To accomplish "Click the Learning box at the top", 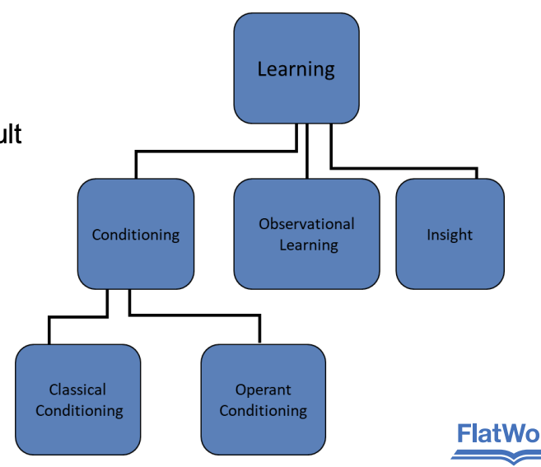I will tap(296, 68).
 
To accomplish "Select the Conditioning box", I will tap(136, 235).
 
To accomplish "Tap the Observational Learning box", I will tap(307, 234).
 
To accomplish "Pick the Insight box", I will tap(450, 234).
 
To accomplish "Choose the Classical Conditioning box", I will tap(78, 399).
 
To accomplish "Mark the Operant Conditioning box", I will tap(263, 399).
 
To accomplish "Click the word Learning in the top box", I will tap(296, 69).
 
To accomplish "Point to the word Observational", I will tap(307, 224).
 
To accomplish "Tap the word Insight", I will tap(450, 235).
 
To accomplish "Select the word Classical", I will tap(77, 390).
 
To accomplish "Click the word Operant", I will tap(263, 390).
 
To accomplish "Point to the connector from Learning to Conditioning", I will tap(214, 152).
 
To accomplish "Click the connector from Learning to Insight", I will tap(403, 169).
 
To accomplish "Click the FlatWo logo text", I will tap(498, 433).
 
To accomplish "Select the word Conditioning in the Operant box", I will tap(263, 410).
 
